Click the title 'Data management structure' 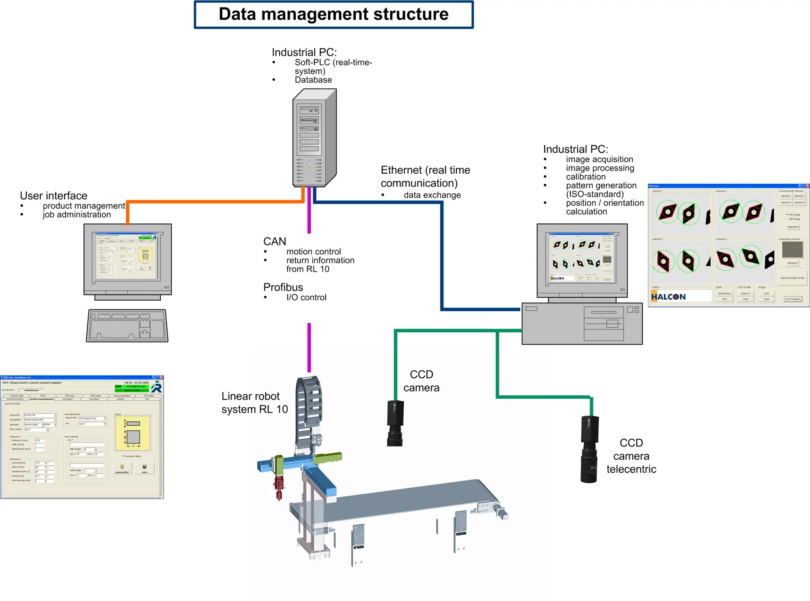pos(333,14)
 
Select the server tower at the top pos(314,138)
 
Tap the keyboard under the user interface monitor pos(127,325)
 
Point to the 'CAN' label pos(275,242)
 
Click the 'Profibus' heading pos(283,287)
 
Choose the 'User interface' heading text pos(54,196)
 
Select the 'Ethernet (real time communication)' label pos(425,176)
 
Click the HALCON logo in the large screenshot pos(669,297)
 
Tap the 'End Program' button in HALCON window pos(793,299)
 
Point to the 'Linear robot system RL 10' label pos(254,402)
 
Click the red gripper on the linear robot pos(279,486)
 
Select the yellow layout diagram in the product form pos(133,433)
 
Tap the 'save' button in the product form pos(144,468)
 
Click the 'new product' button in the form pos(122,468)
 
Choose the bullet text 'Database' pos(313,80)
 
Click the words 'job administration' pos(77,215)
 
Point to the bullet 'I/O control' pos(306,297)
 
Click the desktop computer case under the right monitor pos(582,324)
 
